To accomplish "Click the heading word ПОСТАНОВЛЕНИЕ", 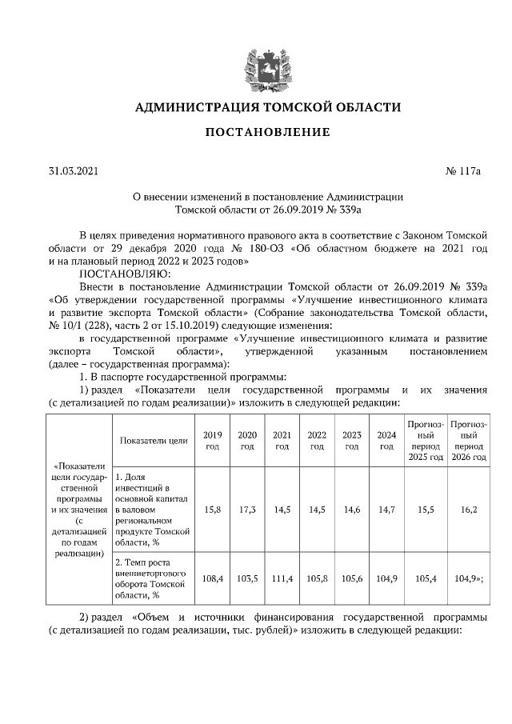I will (x=256, y=132).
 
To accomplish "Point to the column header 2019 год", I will (x=212, y=440).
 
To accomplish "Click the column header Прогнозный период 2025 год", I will (x=425, y=440).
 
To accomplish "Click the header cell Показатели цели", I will (x=153, y=440).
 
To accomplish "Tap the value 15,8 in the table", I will (x=212, y=509).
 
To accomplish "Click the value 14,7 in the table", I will (x=386, y=509).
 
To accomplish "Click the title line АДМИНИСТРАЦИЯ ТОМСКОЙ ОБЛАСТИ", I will (x=256, y=106).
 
